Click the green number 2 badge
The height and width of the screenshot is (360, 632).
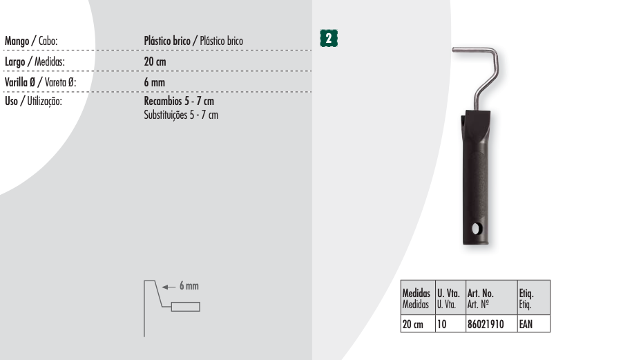[x=329, y=38]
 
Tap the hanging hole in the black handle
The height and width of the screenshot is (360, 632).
[x=475, y=229]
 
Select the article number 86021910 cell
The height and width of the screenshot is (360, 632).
[x=491, y=323]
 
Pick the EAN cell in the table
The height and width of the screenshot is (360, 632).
[x=534, y=323]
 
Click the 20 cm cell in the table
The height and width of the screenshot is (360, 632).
[x=418, y=323]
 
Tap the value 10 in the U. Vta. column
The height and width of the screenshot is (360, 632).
[x=450, y=323]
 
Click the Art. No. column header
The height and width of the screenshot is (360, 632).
[x=491, y=298]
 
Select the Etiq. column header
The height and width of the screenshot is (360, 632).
[x=534, y=298]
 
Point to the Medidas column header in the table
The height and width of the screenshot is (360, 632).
[x=418, y=298]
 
